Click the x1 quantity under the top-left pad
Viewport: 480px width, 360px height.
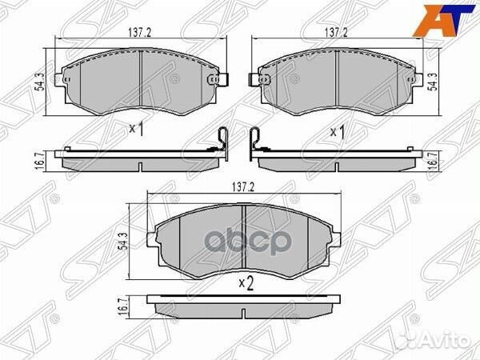135,128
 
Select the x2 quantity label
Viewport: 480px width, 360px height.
245,282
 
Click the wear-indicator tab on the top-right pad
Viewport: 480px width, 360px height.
258,80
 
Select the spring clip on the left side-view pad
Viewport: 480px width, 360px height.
224,140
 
